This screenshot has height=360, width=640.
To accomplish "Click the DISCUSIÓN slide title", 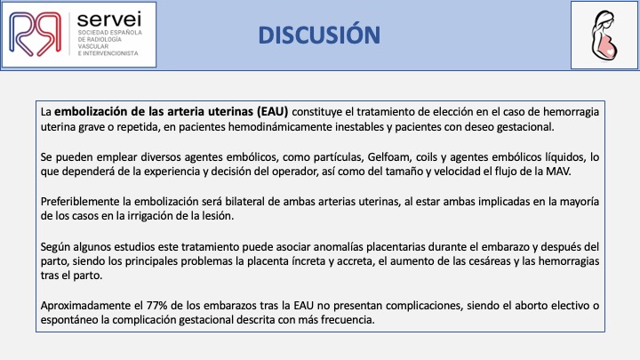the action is [319, 35].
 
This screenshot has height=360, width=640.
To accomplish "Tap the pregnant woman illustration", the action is [604, 36].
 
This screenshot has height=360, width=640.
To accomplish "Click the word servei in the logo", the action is [109, 20].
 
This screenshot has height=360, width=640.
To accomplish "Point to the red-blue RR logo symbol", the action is [35, 34].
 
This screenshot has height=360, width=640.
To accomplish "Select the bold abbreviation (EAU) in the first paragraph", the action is [273, 111].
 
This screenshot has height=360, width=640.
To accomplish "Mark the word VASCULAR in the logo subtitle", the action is [93, 46].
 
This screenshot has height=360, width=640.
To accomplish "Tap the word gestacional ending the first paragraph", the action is [525, 127].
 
